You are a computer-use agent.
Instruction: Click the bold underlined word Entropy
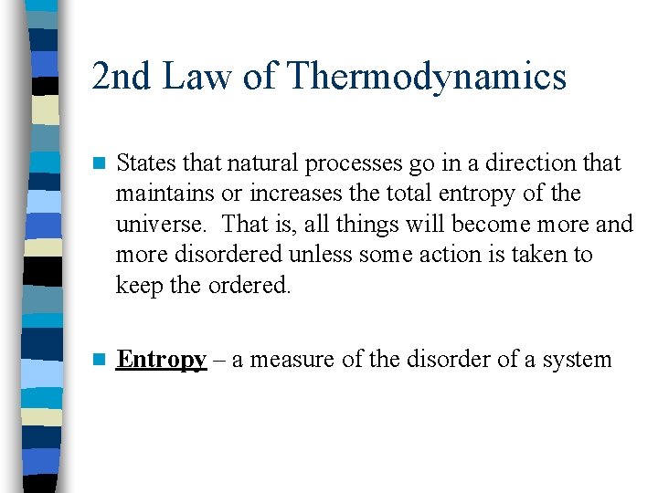pos(161,360)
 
